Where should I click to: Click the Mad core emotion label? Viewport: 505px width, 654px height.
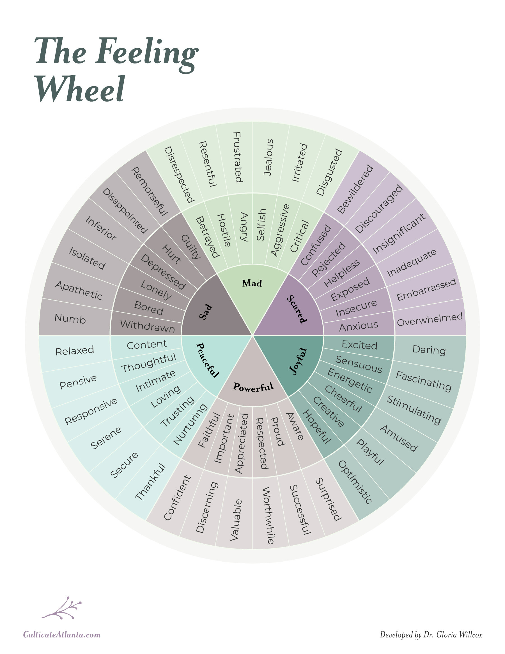(x=252, y=283)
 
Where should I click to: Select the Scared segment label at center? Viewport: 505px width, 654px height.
(x=297, y=309)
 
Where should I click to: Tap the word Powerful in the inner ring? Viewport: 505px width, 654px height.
(x=253, y=387)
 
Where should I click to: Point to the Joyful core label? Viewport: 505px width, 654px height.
(x=298, y=361)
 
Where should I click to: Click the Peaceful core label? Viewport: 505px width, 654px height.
(x=207, y=360)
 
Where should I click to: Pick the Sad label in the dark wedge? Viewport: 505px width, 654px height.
(x=206, y=312)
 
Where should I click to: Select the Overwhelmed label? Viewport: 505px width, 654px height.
(x=430, y=320)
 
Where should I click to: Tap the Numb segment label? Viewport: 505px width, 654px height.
(x=70, y=319)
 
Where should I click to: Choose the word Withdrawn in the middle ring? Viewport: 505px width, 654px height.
(x=148, y=326)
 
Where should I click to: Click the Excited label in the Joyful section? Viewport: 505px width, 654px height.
(x=359, y=345)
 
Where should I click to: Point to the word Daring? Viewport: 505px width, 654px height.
(x=429, y=350)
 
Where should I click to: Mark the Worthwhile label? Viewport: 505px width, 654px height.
(x=268, y=515)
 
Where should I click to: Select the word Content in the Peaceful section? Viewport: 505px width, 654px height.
(x=147, y=345)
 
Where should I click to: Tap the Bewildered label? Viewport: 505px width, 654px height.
(x=355, y=189)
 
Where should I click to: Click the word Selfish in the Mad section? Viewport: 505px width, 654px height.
(x=261, y=225)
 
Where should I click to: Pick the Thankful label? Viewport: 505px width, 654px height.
(x=150, y=482)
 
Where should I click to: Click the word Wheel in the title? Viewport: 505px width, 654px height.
(x=80, y=89)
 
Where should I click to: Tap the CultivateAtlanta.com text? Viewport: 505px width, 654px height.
(x=62, y=635)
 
